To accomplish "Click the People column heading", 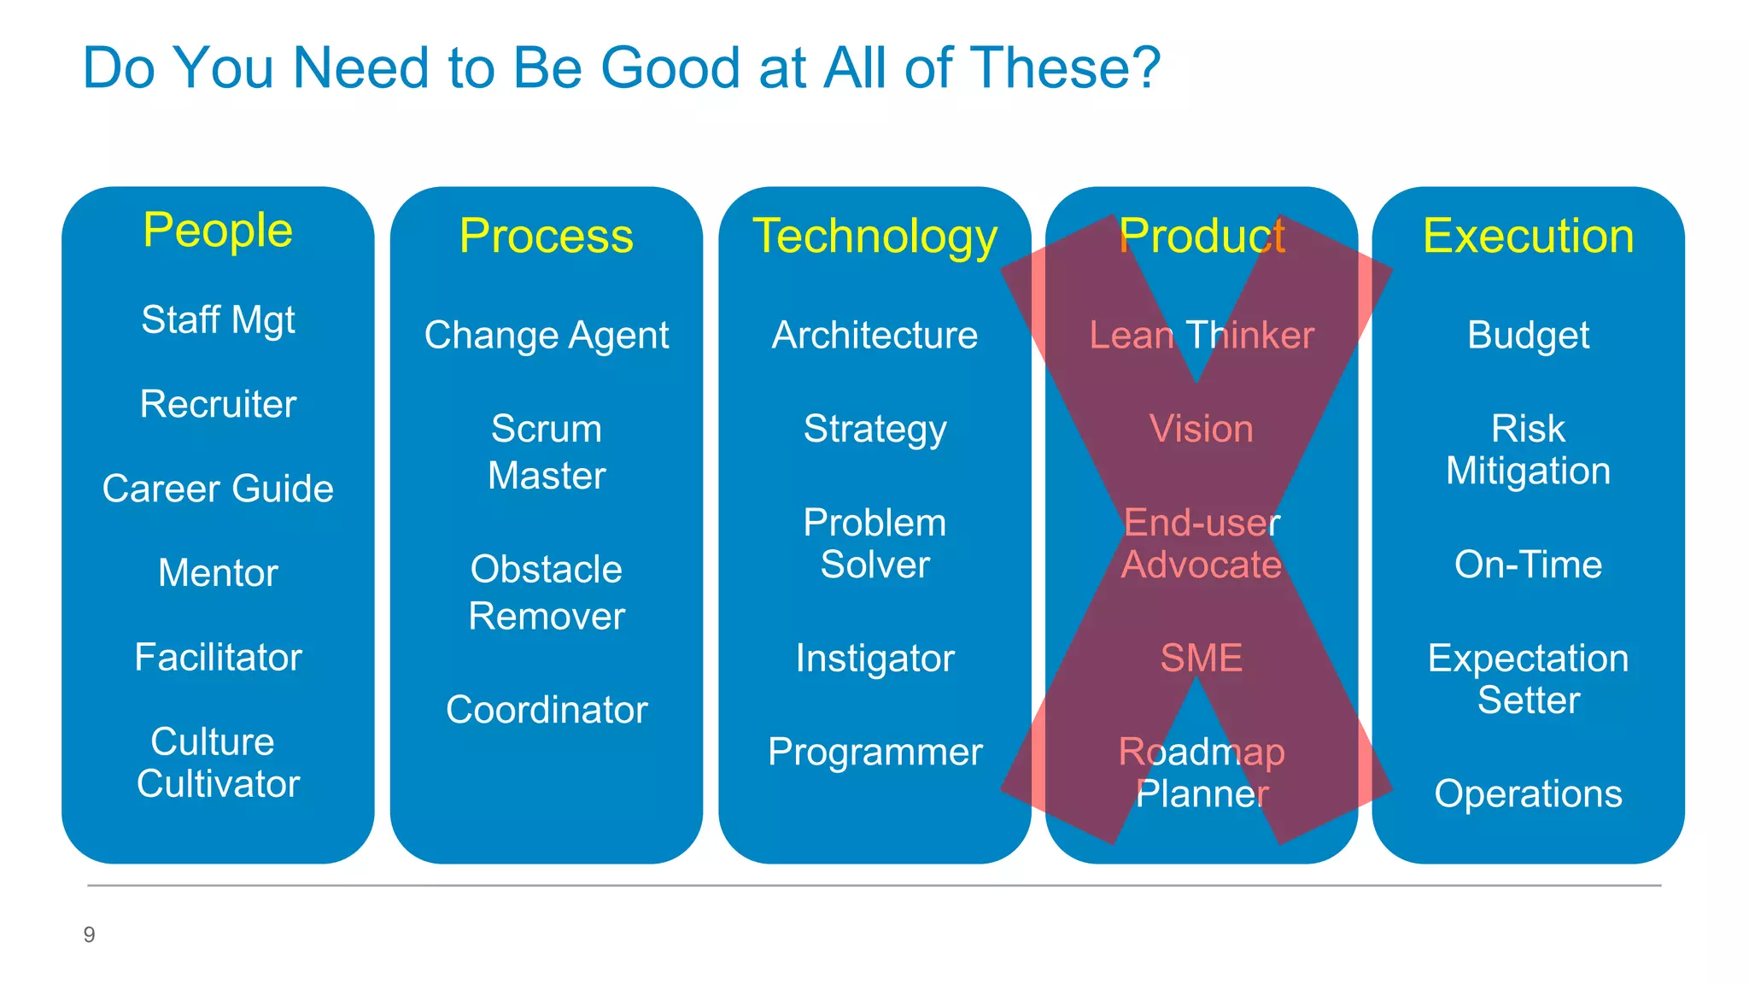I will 218,231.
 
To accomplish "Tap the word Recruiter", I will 218,404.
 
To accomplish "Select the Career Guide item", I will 218,489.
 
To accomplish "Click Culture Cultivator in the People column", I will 218,763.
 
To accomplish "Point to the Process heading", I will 547,236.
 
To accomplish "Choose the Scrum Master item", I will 547,452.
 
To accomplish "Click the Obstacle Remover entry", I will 547,593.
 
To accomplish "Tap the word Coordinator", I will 547,710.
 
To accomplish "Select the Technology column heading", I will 874,236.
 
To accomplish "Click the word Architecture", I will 874,335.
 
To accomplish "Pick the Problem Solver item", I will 874,543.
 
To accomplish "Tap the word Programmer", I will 874,752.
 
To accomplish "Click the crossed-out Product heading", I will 1202,236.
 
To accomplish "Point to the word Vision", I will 1202,429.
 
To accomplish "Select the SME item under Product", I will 1202,658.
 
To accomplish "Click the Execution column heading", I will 1528,236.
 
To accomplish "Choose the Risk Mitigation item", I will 1528,449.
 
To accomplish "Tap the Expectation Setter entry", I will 1528,679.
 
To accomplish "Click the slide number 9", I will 89,934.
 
